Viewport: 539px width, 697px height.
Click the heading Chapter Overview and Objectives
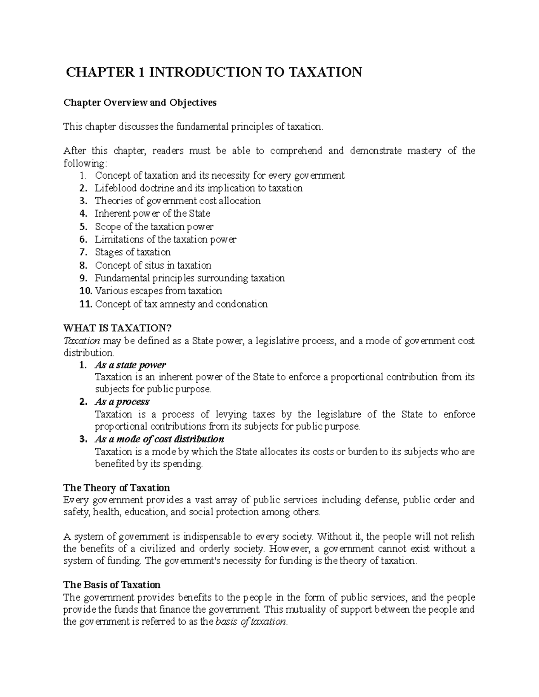coord(140,103)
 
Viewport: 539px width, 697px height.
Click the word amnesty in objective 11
coord(178,304)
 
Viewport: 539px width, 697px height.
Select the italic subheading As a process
coord(122,402)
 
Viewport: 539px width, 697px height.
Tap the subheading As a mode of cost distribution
coord(159,439)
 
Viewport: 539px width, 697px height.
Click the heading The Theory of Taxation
coord(116,488)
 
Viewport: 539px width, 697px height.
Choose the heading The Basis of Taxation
coord(111,585)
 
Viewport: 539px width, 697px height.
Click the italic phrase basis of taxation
coord(251,622)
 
